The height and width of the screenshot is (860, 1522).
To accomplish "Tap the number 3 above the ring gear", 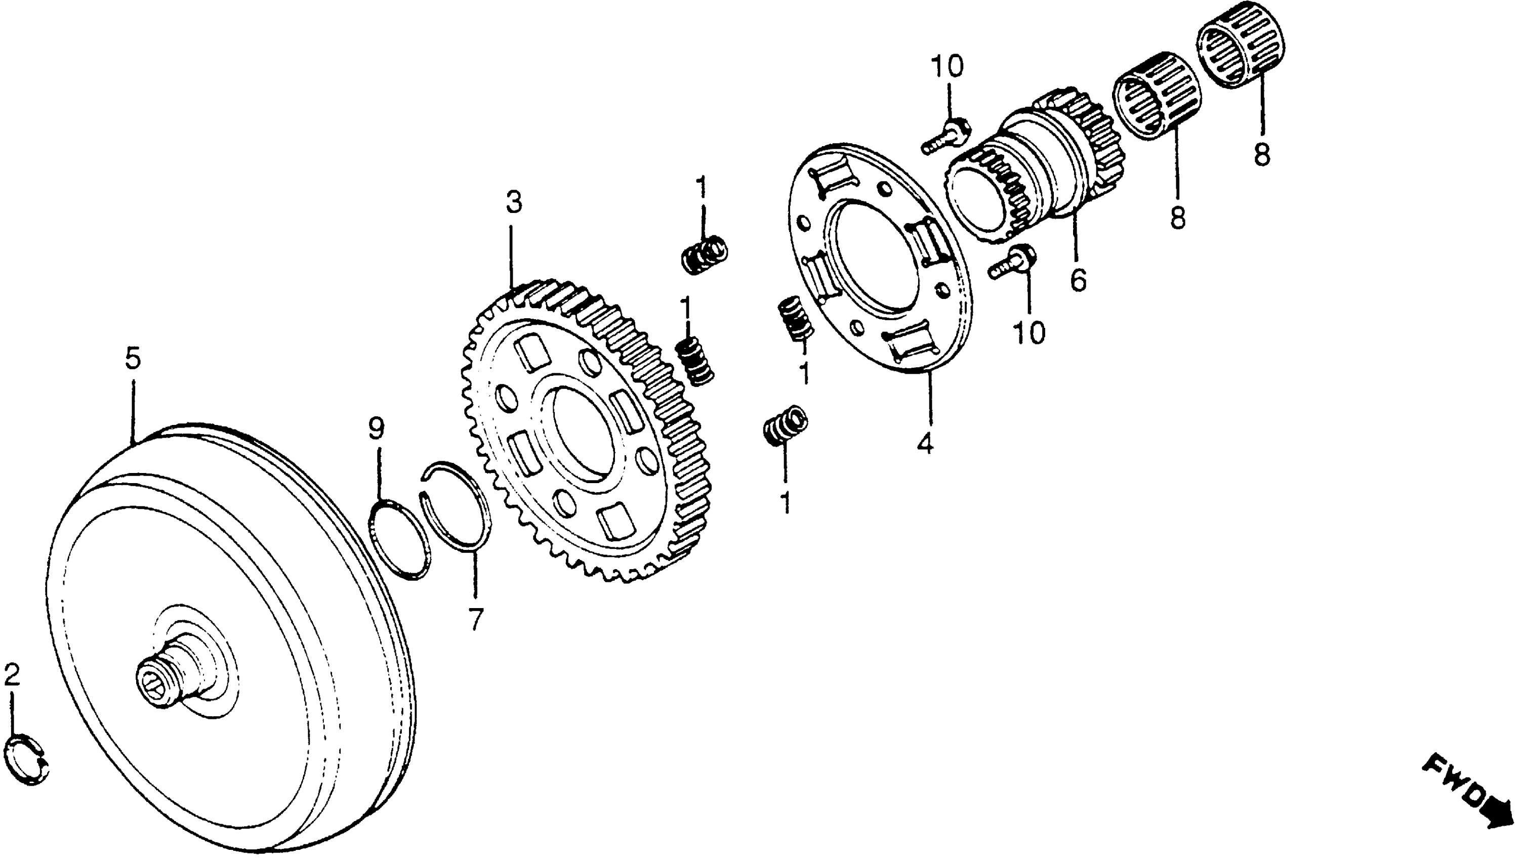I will [513, 202].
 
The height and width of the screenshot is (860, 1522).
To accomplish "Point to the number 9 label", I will [377, 429].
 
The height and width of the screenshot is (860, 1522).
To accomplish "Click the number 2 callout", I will [12, 674].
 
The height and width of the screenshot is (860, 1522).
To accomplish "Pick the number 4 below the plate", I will [925, 443].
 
